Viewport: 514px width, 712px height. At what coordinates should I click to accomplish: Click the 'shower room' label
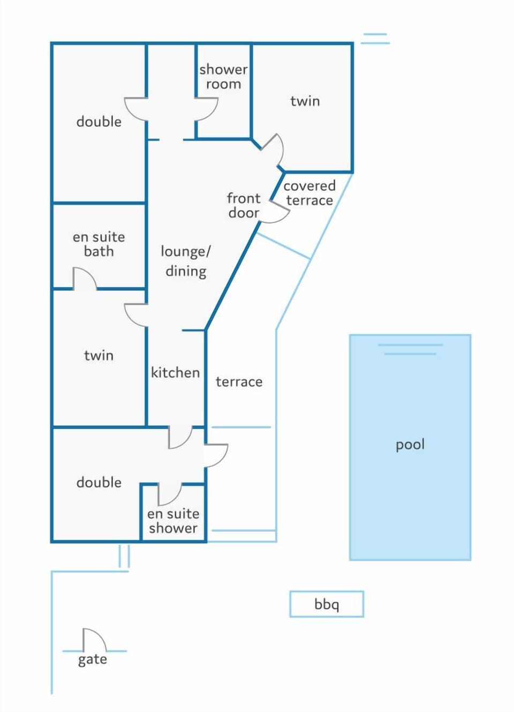coord(223,77)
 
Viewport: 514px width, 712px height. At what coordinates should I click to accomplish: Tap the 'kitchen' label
coord(176,372)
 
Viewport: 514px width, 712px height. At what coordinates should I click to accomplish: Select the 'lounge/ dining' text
coord(186,261)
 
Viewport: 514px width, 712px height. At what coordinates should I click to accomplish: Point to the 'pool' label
coord(410,445)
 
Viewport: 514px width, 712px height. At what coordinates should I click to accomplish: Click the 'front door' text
coord(244,206)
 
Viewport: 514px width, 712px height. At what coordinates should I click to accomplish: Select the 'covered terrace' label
coord(309,193)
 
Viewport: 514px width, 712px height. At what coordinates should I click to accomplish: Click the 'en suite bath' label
coord(99,244)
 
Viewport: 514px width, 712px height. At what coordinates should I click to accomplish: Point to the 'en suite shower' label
coord(173,521)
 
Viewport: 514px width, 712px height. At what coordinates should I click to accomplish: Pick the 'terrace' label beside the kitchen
coord(239,382)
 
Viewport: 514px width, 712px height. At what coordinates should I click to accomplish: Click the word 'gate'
coord(93,660)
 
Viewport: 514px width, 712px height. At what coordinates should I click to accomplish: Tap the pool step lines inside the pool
coord(410,349)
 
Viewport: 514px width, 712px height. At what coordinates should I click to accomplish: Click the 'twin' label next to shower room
coord(305,101)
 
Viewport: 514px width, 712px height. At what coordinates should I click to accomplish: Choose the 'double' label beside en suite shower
coord(99,483)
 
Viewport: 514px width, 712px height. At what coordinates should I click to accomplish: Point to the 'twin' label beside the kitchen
coord(99,355)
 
